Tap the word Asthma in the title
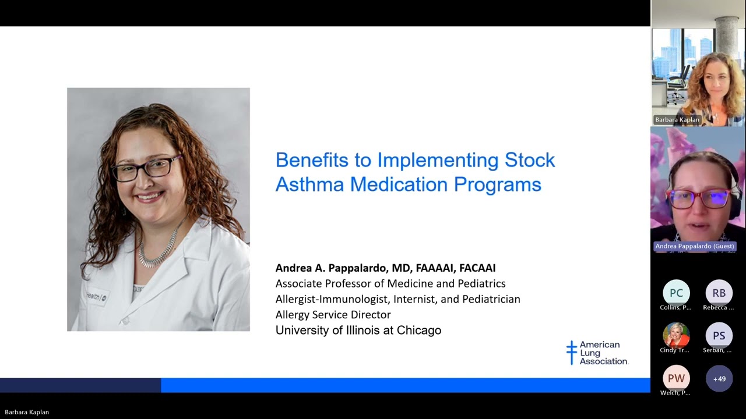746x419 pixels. pos(309,184)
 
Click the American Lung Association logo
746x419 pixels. pos(597,353)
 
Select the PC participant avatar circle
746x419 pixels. pos(676,293)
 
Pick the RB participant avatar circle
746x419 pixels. pos(719,293)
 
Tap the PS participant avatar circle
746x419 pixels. pos(719,336)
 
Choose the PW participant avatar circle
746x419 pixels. pos(676,378)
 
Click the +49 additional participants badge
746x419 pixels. pos(719,379)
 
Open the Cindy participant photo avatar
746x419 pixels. pos(676,336)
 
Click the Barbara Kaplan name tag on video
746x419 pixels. pos(677,120)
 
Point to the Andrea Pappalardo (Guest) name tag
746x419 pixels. pos(694,246)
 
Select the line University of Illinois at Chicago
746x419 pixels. pos(358,331)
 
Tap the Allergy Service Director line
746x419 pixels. pos(333,315)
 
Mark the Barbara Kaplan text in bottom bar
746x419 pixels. pos(27,412)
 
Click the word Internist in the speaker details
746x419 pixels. pos(416,299)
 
